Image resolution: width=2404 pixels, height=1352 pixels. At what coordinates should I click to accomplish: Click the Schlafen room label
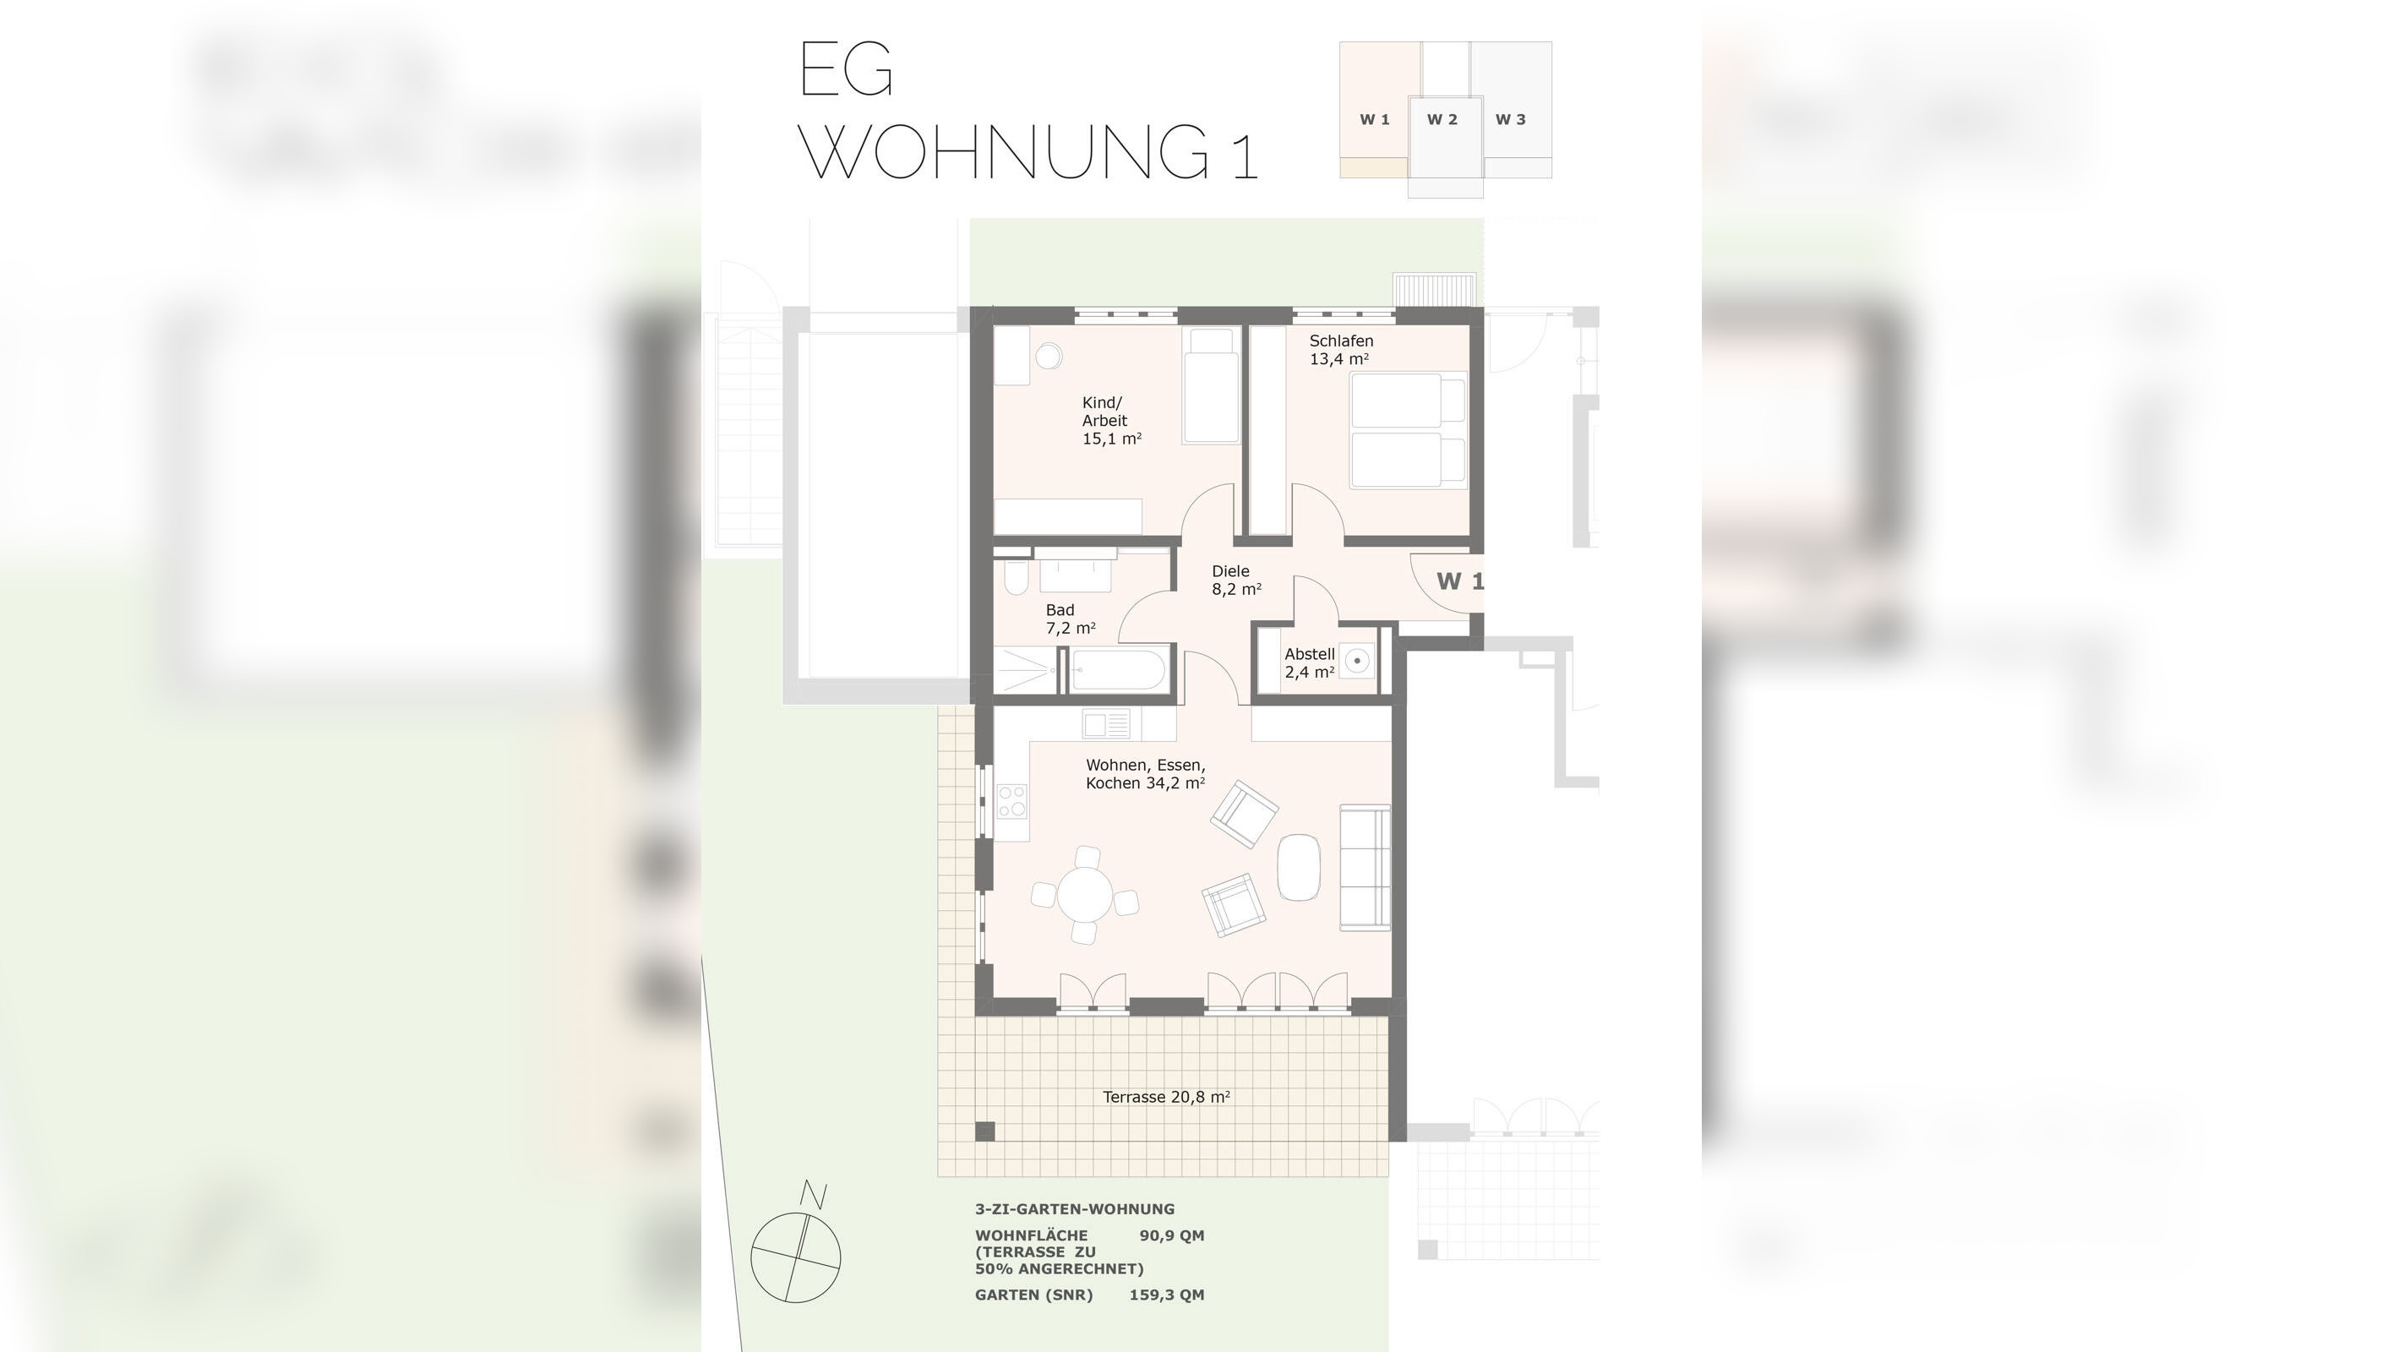[x=1340, y=350]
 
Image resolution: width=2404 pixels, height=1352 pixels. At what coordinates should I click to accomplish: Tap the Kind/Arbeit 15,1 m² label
[x=1110, y=421]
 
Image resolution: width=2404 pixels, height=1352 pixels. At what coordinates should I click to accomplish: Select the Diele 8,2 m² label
[x=1235, y=581]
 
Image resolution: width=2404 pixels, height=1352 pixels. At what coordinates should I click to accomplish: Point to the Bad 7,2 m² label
[x=1070, y=619]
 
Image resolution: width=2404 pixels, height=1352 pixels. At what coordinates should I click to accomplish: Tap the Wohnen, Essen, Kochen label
[x=1144, y=774]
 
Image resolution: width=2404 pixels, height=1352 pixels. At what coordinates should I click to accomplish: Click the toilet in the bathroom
[x=1016, y=580]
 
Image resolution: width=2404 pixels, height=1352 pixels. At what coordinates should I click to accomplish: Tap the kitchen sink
[x=1106, y=724]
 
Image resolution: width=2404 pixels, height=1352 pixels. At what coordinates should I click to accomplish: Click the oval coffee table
[x=1298, y=867]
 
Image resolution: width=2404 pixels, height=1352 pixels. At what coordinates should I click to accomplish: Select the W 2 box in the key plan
[x=1442, y=120]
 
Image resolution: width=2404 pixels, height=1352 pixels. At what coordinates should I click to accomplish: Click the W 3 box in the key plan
[x=1510, y=119]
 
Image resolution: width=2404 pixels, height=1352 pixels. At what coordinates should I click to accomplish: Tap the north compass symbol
[x=796, y=1256]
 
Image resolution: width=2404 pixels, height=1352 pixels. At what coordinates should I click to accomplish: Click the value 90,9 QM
[x=1171, y=1236]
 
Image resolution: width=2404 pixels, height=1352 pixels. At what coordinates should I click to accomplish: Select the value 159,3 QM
[x=1167, y=1295]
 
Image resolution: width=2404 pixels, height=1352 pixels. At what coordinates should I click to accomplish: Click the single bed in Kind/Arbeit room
[x=1210, y=385]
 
